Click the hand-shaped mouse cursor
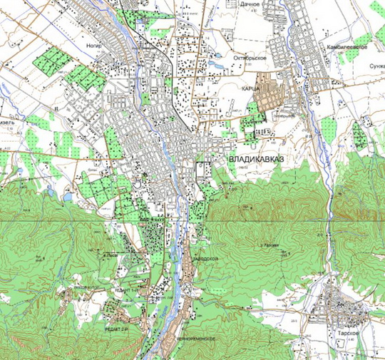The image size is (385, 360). [x=138, y=181]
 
